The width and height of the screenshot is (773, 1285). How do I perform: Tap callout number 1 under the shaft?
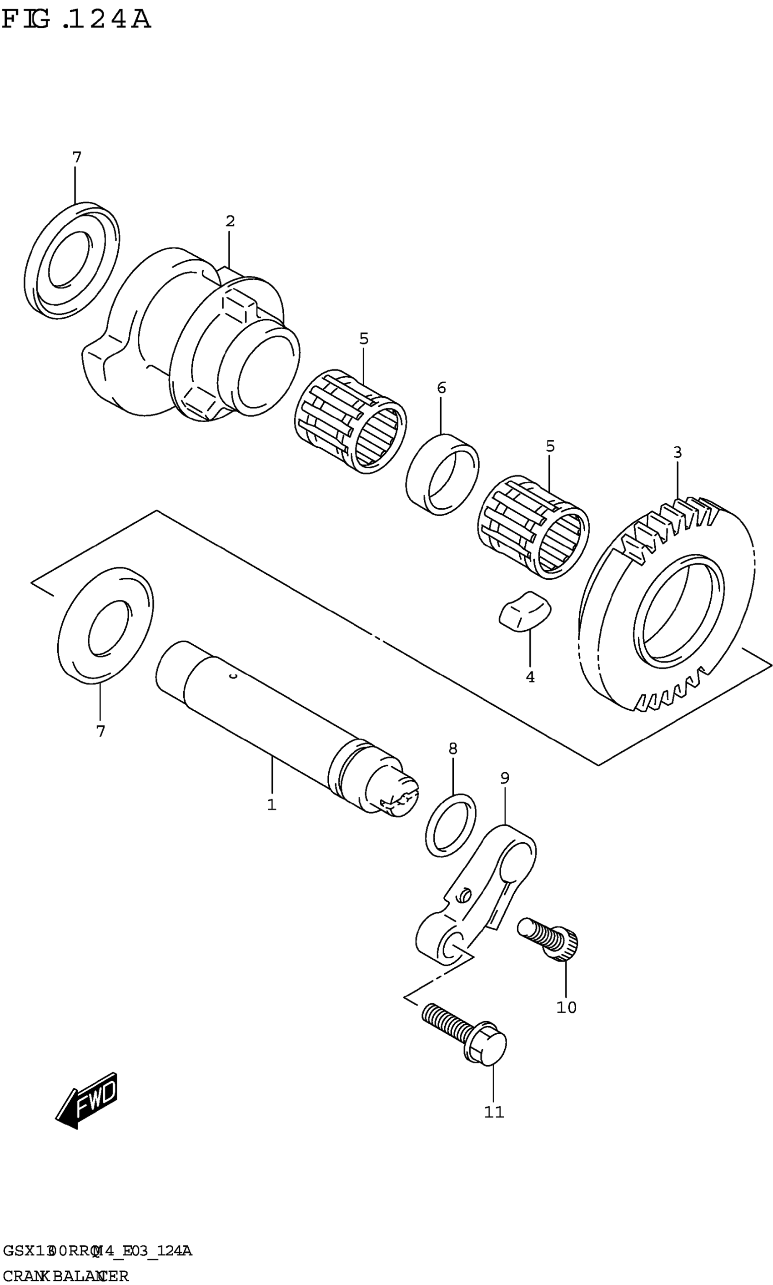[x=271, y=805]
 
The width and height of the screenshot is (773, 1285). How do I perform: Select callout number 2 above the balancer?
[x=230, y=221]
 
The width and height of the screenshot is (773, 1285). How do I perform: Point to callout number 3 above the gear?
[x=677, y=452]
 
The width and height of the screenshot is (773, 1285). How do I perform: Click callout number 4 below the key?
[x=530, y=677]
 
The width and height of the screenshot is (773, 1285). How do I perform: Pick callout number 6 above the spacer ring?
[x=441, y=388]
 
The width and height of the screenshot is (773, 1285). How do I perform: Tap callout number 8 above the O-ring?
[x=452, y=749]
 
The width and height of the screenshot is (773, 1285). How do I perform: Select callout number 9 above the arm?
[x=504, y=778]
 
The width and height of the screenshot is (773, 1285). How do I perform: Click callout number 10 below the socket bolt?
[x=566, y=1007]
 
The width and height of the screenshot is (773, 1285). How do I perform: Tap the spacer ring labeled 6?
[x=443, y=474]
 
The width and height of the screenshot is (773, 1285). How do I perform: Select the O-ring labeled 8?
[x=451, y=825]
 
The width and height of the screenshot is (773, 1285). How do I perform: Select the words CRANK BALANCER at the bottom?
[x=66, y=1272]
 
